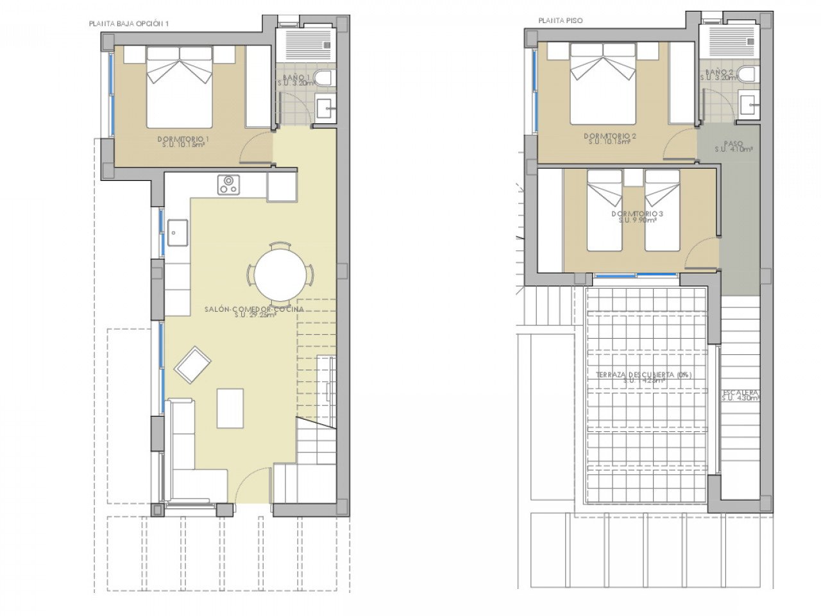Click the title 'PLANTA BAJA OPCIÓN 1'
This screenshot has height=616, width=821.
pyautogui.click(x=129, y=24)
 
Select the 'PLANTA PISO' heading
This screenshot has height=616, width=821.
pyautogui.click(x=561, y=21)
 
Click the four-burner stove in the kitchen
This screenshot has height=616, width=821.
pyautogui.click(x=228, y=184)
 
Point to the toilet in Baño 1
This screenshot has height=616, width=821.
pyautogui.click(x=325, y=79)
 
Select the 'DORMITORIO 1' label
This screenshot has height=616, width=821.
pyautogui.click(x=183, y=139)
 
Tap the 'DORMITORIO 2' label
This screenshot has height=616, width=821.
pyautogui.click(x=609, y=136)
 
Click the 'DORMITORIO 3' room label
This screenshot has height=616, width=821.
pyautogui.click(x=637, y=214)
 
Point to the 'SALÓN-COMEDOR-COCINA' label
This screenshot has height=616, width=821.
pyautogui.click(x=254, y=309)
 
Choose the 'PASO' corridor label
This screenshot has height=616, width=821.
pyautogui.click(x=733, y=144)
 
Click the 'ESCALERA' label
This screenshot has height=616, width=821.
pyautogui.click(x=740, y=392)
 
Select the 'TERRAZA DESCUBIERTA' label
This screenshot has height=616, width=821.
pyautogui.click(x=643, y=375)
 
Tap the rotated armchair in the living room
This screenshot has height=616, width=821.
pyautogui.click(x=192, y=364)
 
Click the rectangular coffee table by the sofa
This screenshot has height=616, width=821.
pyautogui.click(x=230, y=408)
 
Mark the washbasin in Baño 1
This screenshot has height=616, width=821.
pyautogui.click(x=326, y=108)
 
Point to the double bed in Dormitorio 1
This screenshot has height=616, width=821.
pyautogui.click(x=180, y=88)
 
